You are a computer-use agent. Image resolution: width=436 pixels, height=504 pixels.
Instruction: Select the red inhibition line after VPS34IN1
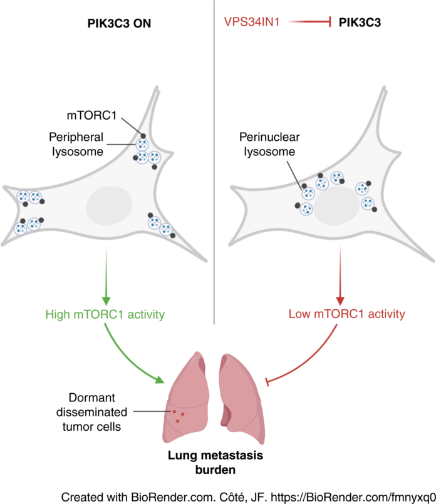pyautogui.click(x=307, y=23)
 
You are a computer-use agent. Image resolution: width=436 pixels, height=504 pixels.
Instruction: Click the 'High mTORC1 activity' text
pyautogui.click(x=105, y=314)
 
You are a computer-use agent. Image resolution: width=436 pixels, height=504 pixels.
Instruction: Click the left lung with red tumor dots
pyautogui.click(x=185, y=401)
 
